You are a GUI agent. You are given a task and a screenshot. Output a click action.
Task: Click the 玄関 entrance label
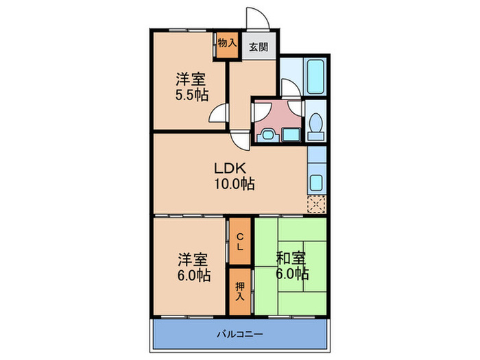click(259, 47)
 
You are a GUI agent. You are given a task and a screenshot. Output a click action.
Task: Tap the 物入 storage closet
click(227, 45)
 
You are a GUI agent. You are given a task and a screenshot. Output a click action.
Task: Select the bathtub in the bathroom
click(315, 77)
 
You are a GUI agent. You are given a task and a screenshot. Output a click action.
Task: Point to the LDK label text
click(230, 169)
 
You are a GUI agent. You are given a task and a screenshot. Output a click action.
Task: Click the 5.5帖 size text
click(192, 95)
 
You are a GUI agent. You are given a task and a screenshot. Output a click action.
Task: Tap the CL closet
click(240, 241)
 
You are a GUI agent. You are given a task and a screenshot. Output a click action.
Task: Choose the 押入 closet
click(240, 291)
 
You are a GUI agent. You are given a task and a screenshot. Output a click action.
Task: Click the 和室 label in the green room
click(291, 258)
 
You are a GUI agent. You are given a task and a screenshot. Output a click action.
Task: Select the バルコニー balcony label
click(240, 334)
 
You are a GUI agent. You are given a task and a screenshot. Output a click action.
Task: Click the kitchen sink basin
click(316, 183)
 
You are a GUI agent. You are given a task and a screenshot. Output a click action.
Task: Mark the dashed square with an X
click(316, 204)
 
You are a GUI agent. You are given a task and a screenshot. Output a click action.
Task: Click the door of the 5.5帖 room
click(218, 113)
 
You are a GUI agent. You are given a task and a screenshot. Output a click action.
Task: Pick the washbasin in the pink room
click(268, 135)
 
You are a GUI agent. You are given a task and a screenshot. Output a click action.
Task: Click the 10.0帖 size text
click(235, 184)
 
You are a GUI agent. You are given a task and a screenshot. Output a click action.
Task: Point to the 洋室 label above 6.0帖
click(193, 260)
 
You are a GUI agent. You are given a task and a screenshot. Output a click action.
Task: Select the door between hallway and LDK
click(241, 139)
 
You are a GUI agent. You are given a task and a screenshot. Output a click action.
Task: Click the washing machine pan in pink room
click(291, 134)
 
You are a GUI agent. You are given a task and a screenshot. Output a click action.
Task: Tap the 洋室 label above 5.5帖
click(191, 80)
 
